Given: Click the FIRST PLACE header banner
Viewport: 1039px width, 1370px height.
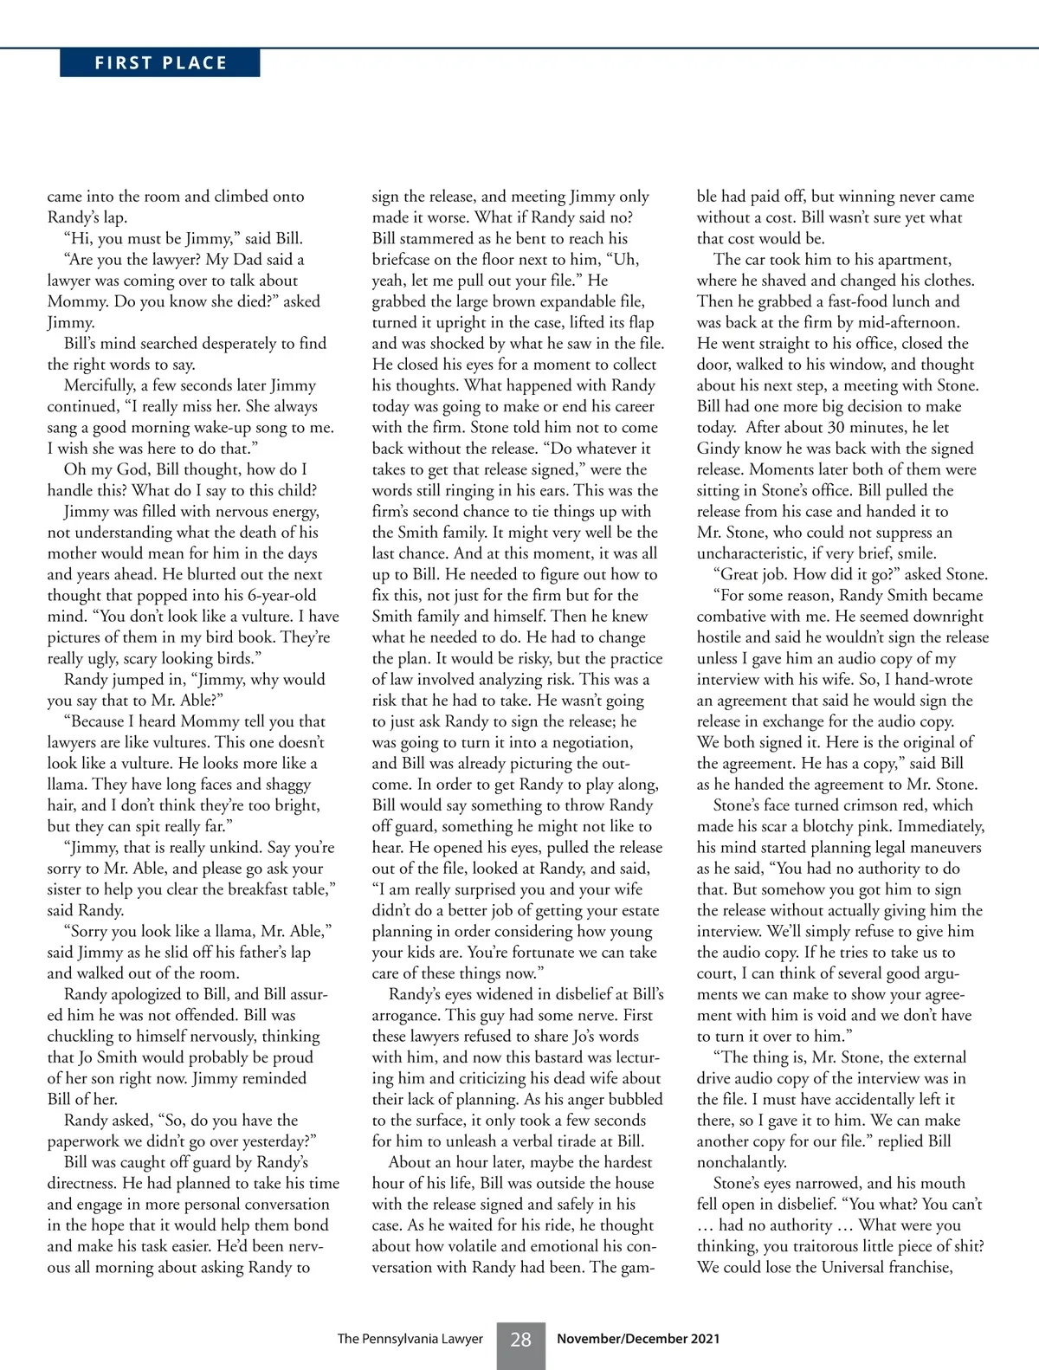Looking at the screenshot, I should (x=160, y=63).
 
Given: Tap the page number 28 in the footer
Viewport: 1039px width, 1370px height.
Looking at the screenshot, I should (x=520, y=1340).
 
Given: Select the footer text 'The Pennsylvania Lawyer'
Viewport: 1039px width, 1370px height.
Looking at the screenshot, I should (x=410, y=1340).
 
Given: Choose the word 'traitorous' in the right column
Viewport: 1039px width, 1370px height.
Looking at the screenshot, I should (x=799, y=1246).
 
